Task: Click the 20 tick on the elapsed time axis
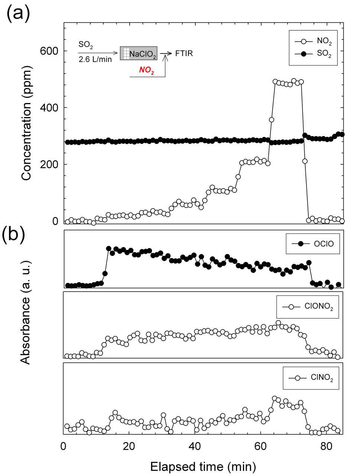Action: point(129,445)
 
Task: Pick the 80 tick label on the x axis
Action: point(326,445)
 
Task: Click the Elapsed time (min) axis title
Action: point(203,465)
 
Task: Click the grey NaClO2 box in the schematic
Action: point(139,54)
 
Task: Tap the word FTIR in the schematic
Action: point(184,54)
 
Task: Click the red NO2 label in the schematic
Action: point(147,70)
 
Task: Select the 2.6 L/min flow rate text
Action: point(95,59)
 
